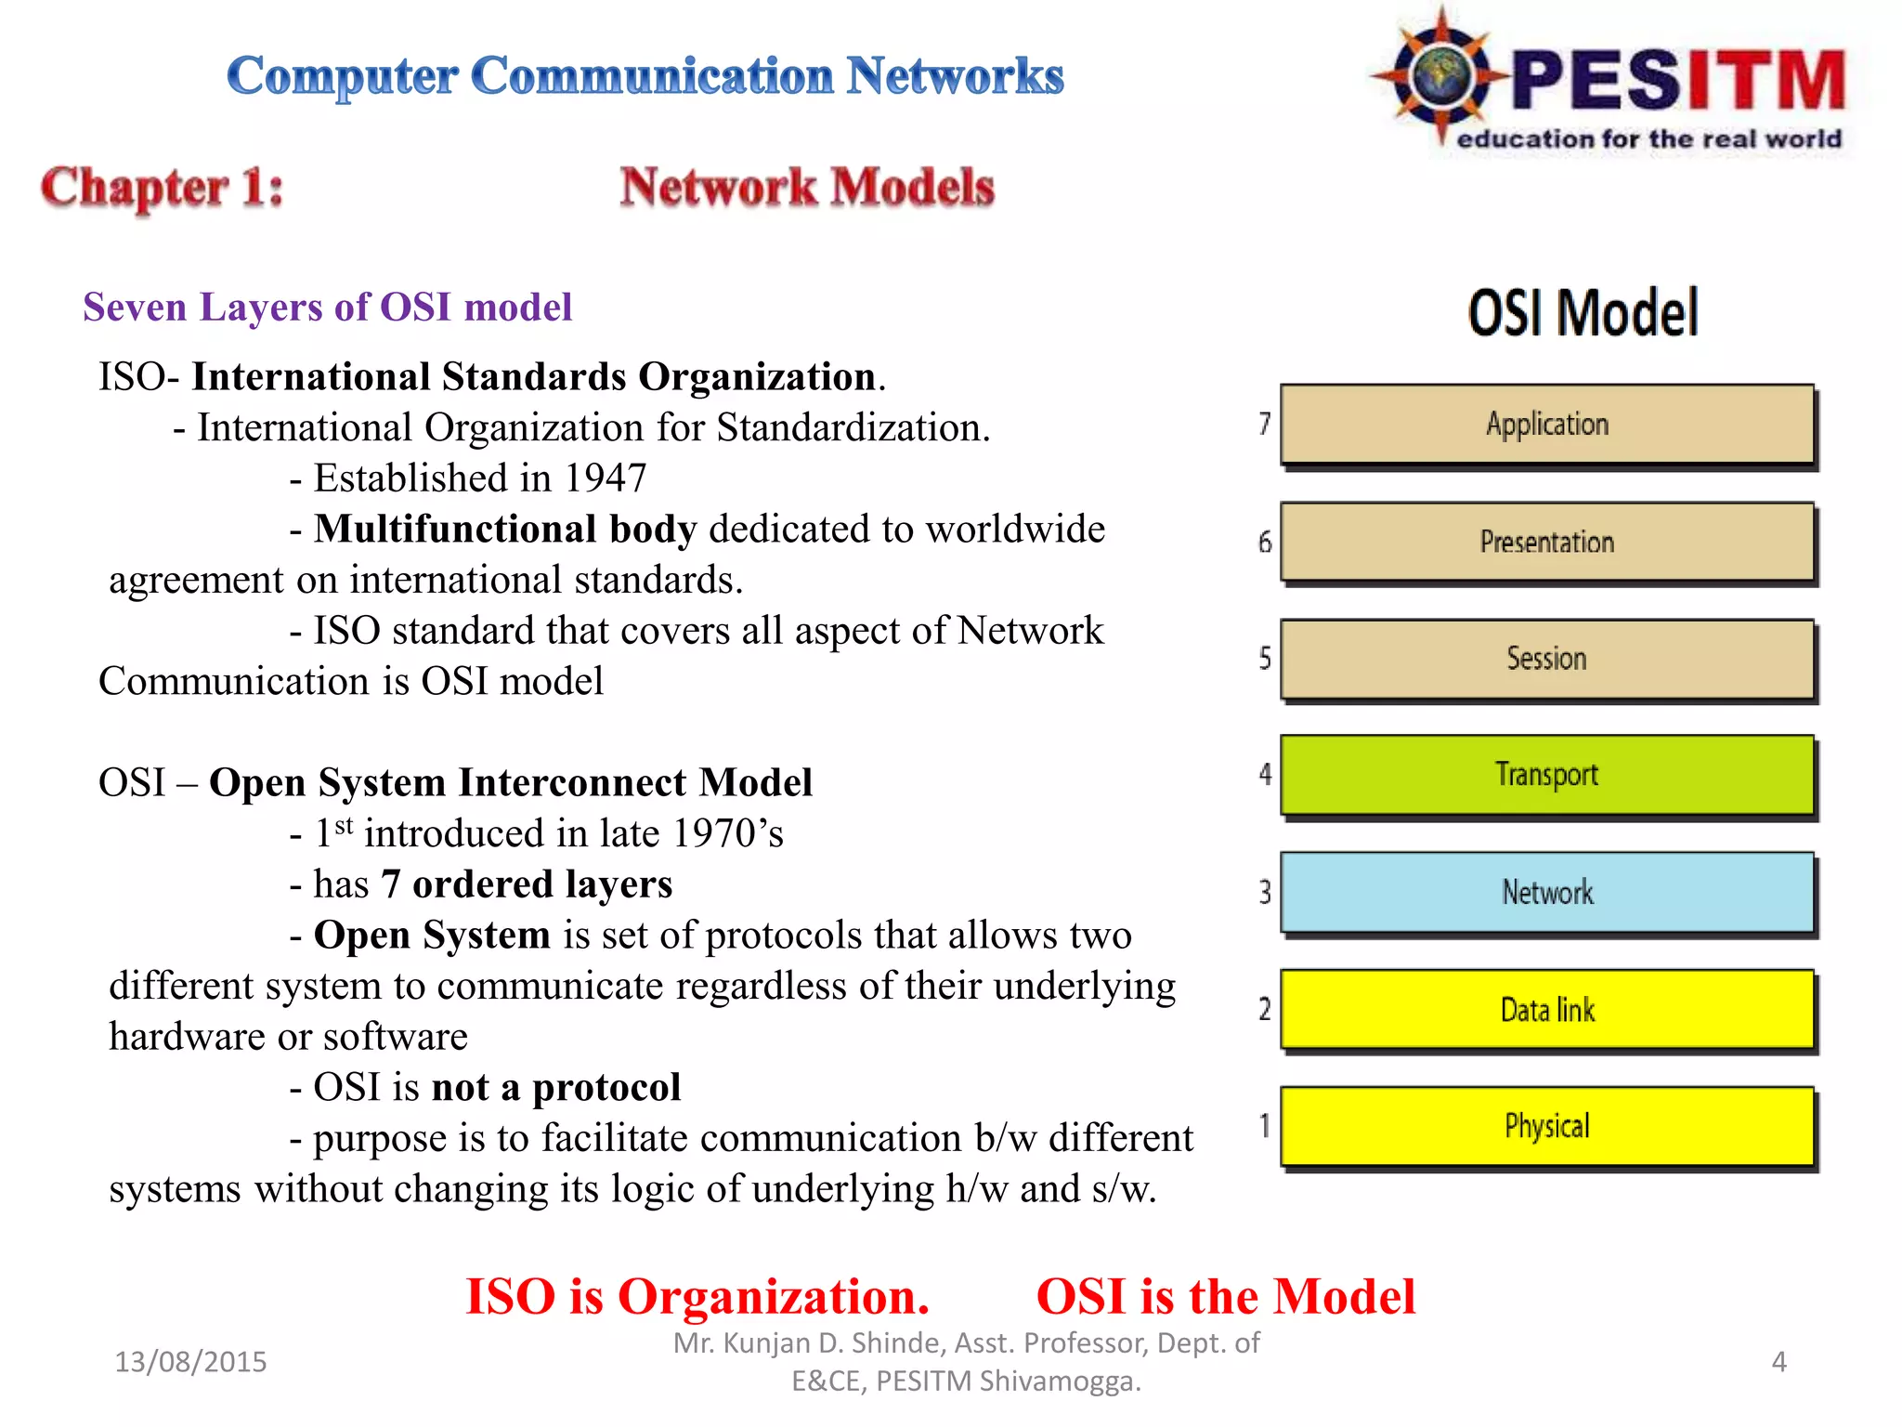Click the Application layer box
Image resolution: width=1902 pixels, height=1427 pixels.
point(1546,424)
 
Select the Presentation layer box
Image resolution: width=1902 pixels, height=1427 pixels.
point(1546,542)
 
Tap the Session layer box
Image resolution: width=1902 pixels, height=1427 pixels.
point(1546,659)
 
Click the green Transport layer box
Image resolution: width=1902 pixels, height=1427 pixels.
point(1546,775)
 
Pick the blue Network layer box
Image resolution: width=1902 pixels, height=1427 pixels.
point(1546,892)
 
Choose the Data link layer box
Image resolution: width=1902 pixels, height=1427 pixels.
point(1546,1009)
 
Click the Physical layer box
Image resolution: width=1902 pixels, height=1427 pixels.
point(1546,1126)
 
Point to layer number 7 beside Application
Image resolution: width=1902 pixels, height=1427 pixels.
point(1264,424)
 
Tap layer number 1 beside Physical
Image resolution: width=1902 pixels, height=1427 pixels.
point(1264,1126)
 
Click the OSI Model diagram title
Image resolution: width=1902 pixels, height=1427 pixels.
point(1583,312)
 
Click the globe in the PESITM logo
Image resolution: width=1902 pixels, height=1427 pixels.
point(1440,74)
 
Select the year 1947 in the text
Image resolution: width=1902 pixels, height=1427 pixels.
point(605,478)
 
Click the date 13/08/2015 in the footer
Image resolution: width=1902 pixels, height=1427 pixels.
point(190,1361)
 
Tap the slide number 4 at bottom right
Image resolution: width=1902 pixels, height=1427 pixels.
point(1778,1361)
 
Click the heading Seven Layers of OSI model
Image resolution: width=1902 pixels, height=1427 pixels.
point(327,308)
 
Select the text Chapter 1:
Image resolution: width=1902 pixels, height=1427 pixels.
point(162,188)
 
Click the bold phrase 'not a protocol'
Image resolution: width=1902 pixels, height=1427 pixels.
point(556,1087)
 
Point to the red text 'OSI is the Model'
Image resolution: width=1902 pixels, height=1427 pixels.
point(1225,1296)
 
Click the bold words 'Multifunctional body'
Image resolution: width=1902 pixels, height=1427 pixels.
point(504,529)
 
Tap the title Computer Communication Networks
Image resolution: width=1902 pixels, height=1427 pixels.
point(645,75)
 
